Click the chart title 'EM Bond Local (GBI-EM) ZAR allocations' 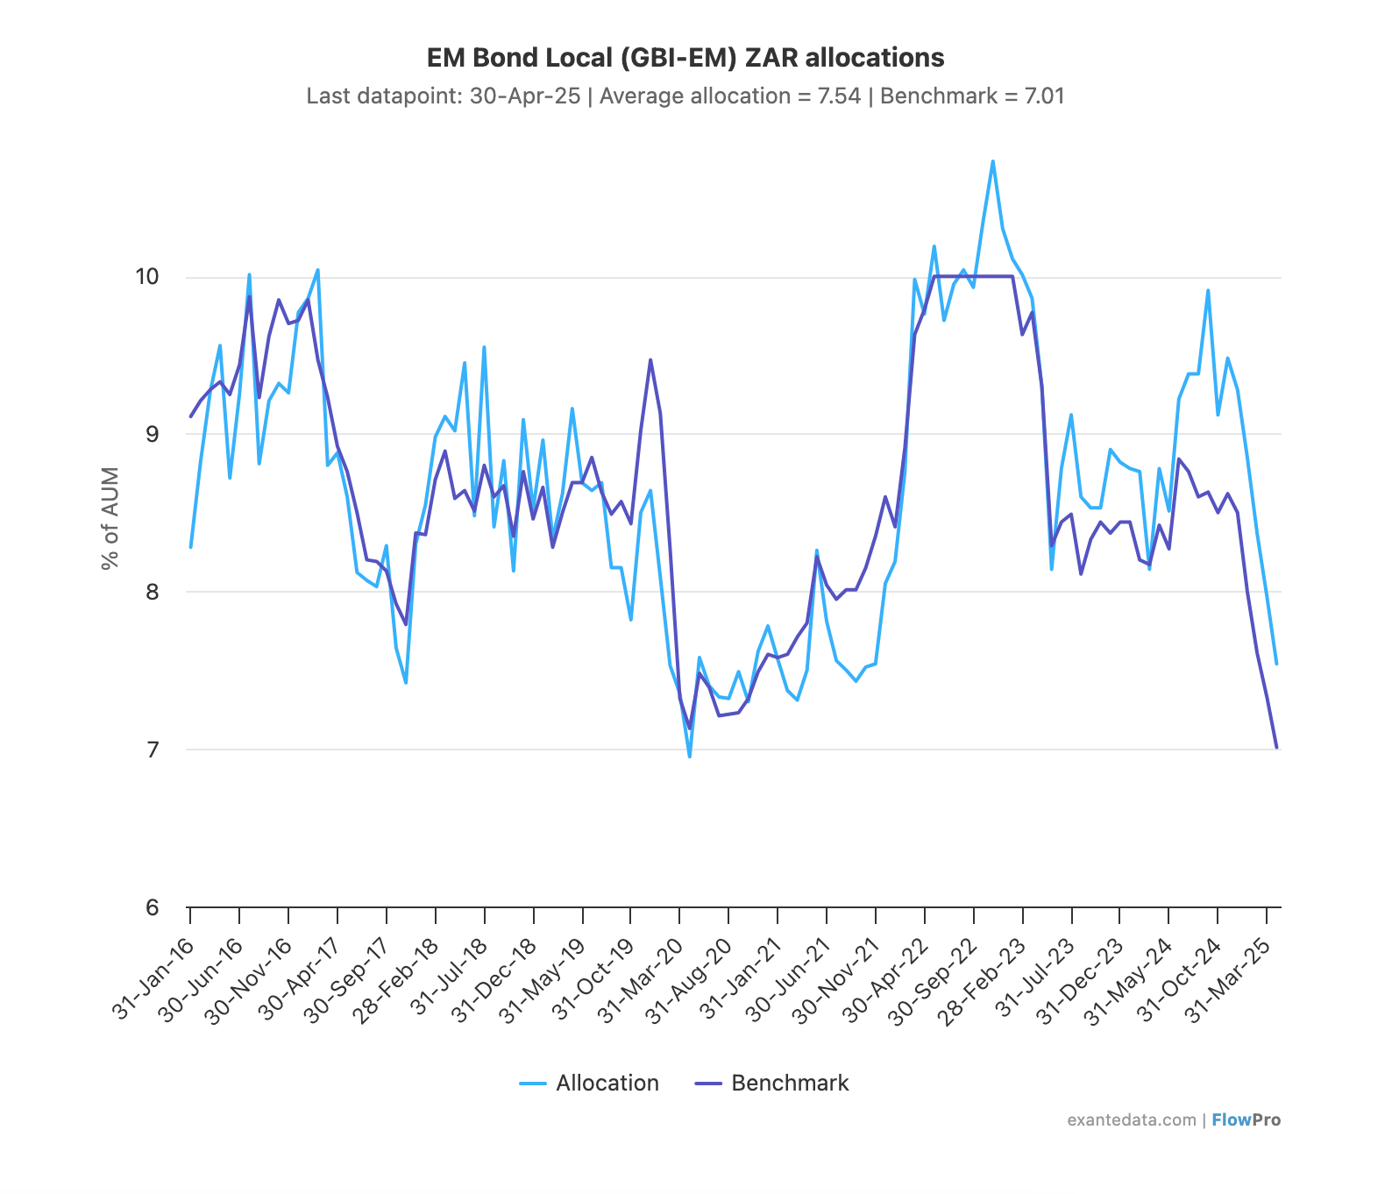point(685,58)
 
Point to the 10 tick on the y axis point(147,277)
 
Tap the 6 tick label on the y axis point(153,907)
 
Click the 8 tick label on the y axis point(153,592)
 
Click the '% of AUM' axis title point(110,519)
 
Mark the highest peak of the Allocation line point(992,161)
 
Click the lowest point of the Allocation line point(690,757)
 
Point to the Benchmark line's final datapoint point(1276,747)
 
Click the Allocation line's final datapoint point(1276,664)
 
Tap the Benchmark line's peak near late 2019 point(650,359)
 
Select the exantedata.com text point(1131,1119)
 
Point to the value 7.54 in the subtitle point(839,96)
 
